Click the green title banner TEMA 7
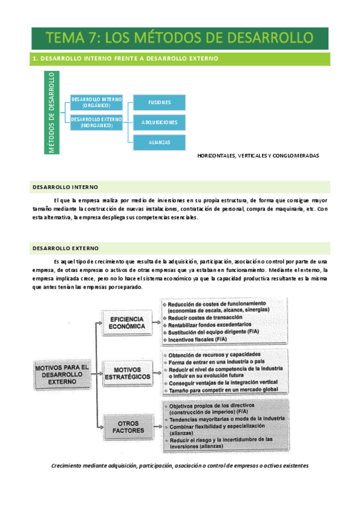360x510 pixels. (180, 37)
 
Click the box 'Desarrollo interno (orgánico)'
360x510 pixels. (97, 102)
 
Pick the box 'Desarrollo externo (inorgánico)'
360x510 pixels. (97, 123)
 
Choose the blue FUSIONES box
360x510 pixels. (159, 102)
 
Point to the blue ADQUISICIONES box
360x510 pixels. (159, 122)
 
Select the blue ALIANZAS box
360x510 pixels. (159, 143)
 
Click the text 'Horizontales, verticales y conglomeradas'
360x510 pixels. (258, 155)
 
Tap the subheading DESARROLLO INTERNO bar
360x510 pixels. (66, 187)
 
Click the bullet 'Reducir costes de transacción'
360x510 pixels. (205, 317)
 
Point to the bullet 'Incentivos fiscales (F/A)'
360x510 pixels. (198, 339)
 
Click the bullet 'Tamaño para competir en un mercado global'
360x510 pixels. (222, 390)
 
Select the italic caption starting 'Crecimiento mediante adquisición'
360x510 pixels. (180, 465)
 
